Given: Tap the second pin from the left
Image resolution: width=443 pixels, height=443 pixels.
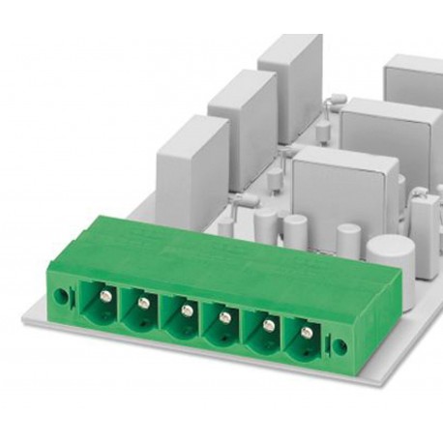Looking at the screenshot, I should pos(142,304).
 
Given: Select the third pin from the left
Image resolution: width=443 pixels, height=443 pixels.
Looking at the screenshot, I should pos(183,310).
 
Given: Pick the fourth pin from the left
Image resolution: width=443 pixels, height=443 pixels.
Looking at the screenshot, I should pos(224,317).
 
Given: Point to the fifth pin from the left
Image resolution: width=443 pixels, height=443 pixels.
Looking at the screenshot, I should pos(265,324).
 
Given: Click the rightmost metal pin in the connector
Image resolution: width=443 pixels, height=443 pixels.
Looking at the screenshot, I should pos(308,332).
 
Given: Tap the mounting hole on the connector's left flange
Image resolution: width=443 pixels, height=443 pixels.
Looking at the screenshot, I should pos(66,292).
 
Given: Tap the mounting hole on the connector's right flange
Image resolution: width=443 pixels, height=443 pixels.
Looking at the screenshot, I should pos(340,343).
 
